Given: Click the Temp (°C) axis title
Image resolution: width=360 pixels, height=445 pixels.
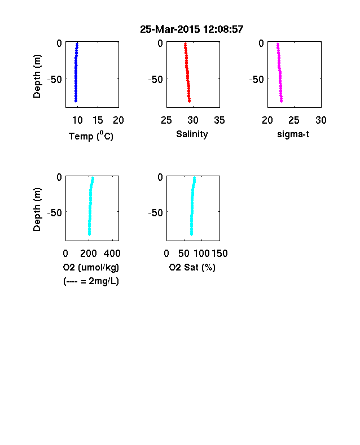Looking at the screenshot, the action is point(91,136).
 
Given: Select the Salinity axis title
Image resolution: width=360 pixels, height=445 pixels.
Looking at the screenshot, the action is point(192,134).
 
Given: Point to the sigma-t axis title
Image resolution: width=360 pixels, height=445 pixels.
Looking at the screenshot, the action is point(293,134).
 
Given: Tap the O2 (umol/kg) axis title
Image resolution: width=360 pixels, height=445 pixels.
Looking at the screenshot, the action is point(91,267).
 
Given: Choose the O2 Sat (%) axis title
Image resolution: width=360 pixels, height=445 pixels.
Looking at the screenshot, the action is point(192,267).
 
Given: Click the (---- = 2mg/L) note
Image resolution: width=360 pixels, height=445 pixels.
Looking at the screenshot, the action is point(91,281).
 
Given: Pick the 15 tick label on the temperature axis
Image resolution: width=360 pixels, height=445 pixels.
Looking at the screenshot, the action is point(98,120).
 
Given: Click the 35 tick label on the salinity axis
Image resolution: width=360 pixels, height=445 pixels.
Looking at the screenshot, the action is point(219,120).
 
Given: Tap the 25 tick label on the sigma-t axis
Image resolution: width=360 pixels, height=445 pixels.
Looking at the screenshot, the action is point(294,120).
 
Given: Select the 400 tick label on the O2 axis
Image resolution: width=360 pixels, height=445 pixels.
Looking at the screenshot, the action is point(112,254).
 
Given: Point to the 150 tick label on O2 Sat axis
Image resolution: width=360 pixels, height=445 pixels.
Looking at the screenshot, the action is point(219,254).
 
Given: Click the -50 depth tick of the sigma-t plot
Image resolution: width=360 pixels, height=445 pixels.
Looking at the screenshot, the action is point(257,80).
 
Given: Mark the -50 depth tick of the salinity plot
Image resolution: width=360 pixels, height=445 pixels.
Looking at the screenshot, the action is point(156,80).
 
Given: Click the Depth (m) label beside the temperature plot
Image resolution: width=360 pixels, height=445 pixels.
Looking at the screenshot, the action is point(37,76).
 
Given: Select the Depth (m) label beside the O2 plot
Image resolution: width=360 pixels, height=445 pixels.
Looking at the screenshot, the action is point(37,210).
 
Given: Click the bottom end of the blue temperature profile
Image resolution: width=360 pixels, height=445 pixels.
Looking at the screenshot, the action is point(76,101).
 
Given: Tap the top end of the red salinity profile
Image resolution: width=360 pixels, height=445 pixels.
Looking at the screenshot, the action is point(185,43).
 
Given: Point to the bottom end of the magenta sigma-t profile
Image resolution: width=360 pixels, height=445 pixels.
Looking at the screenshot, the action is point(281,101).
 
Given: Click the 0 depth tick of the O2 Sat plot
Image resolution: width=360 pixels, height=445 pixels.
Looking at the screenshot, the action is point(160,177).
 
